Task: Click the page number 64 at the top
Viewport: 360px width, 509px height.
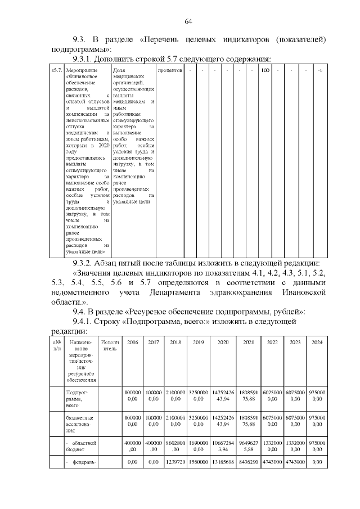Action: click(188, 21)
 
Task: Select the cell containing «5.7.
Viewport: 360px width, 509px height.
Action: click(57, 71)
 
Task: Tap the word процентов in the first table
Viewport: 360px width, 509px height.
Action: click(170, 71)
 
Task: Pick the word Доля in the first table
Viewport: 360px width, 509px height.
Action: click(119, 71)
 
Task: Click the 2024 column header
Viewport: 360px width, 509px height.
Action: click(317, 342)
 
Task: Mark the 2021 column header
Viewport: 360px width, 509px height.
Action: click(248, 342)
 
